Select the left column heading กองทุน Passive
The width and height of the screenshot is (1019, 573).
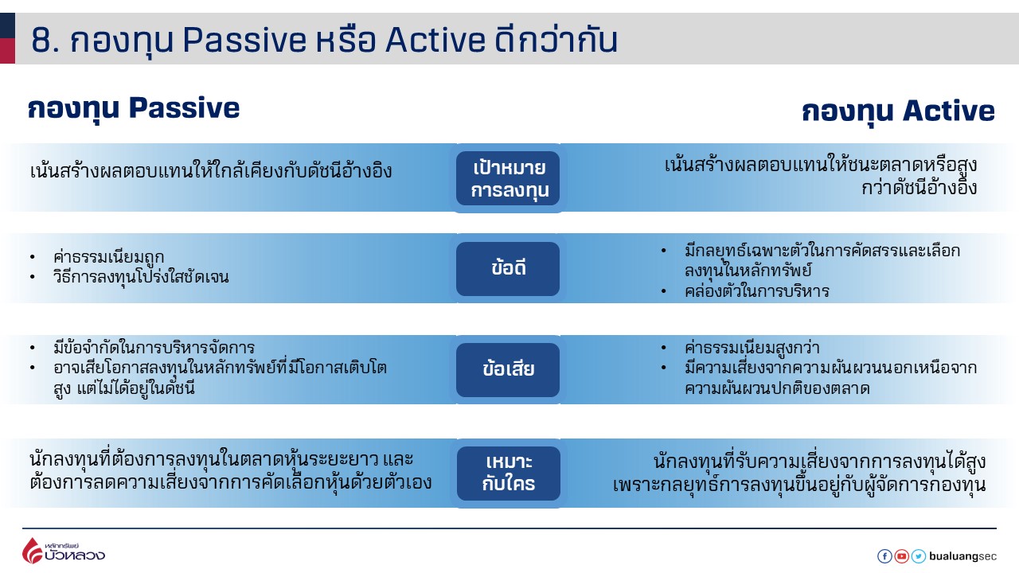coord(134,108)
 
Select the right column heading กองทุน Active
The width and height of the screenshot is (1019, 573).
coord(898,111)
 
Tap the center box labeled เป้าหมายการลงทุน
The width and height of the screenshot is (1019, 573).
coord(508,178)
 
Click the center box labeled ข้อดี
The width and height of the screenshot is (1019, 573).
coord(508,268)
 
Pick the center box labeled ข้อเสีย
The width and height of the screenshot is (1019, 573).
coord(508,369)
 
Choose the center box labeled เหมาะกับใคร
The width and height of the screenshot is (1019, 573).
coord(508,473)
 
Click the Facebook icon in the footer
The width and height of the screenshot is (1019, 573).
coord(884,556)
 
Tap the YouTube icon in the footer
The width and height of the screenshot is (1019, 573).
coord(901,556)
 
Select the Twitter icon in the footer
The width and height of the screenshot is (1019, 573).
coord(918,556)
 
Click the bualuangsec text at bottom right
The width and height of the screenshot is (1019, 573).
coord(962,556)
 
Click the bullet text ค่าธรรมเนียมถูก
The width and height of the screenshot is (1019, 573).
coord(109,257)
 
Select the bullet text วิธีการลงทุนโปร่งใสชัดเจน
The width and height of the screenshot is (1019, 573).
coord(141,278)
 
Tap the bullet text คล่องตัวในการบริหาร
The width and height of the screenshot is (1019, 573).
coord(756,291)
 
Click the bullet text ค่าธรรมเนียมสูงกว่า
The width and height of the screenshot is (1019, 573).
coord(752,348)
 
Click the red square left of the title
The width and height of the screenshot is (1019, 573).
coord(7,51)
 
